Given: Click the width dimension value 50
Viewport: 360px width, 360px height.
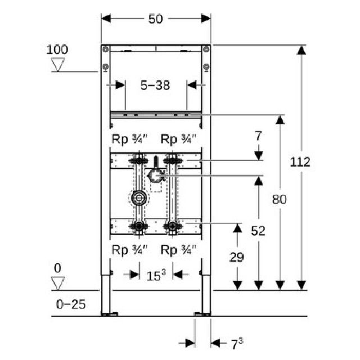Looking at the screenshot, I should (156, 19).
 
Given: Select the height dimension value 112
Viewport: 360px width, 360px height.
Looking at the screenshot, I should (301, 162).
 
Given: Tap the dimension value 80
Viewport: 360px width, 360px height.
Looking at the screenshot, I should (279, 199).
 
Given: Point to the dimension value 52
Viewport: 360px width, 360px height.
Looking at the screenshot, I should (258, 231).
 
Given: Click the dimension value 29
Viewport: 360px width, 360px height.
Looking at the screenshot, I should (237, 256).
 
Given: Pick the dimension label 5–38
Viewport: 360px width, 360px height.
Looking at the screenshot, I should (155, 85).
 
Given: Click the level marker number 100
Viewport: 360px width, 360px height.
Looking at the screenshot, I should (57, 49).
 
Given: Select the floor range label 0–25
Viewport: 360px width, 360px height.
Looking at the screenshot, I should (71, 304).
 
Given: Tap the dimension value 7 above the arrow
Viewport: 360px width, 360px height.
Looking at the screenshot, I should (258, 136).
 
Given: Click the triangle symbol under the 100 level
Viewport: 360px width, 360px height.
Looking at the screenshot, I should (57, 65).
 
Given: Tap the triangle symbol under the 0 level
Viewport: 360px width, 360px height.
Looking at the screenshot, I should (57, 282).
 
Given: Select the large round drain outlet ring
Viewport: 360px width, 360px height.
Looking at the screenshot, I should (138, 198).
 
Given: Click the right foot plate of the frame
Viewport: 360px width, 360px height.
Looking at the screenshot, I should (202, 313).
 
